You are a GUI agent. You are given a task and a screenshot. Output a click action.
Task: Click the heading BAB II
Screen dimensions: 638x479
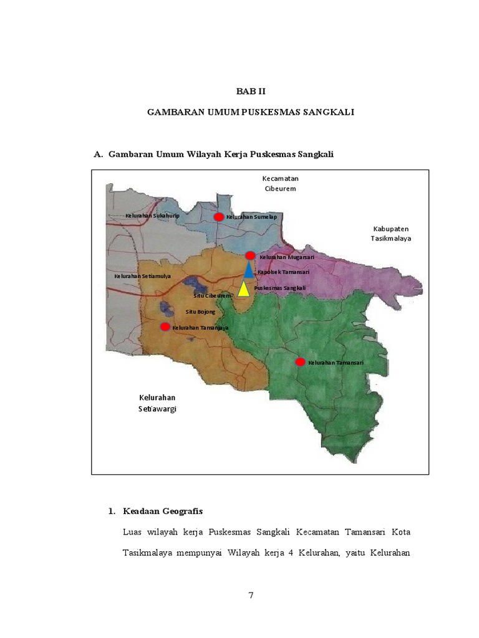click(251, 91)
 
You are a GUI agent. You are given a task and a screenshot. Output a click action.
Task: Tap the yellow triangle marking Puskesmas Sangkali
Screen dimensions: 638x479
click(243, 289)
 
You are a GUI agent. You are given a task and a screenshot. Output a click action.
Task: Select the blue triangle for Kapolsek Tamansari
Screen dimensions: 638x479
click(249, 271)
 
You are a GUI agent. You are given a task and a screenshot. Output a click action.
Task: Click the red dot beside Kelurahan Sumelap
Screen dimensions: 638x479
click(219, 217)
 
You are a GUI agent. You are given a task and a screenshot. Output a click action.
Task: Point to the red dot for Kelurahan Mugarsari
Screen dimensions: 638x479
click(250, 255)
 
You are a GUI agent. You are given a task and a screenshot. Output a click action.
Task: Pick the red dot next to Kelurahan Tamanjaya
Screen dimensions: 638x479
click(165, 326)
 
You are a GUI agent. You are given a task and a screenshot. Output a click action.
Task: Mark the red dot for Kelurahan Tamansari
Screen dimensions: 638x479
click(300, 362)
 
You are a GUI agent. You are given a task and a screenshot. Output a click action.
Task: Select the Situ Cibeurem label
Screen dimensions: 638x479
click(212, 295)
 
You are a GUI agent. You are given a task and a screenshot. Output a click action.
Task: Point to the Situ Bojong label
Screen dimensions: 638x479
click(201, 310)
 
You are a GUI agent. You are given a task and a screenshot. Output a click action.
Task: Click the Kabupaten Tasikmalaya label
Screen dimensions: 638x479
click(391, 233)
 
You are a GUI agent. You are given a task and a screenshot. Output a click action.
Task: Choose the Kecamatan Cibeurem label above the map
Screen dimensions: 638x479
click(279, 183)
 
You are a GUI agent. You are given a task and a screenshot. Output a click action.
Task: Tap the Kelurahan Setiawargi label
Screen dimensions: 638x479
click(157, 403)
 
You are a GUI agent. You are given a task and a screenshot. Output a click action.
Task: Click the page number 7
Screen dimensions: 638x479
click(251, 595)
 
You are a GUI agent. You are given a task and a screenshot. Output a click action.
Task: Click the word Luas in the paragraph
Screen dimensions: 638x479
click(133, 532)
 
